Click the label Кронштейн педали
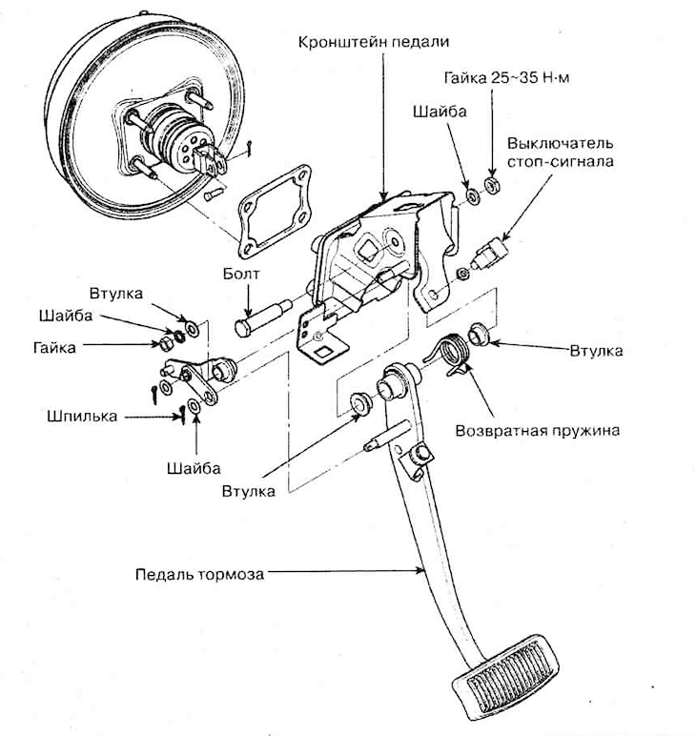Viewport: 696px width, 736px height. tap(373, 43)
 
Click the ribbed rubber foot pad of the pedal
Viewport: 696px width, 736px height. tap(506, 678)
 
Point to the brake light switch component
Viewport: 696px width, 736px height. tap(489, 251)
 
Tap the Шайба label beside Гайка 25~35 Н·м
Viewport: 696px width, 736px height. tap(440, 112)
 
